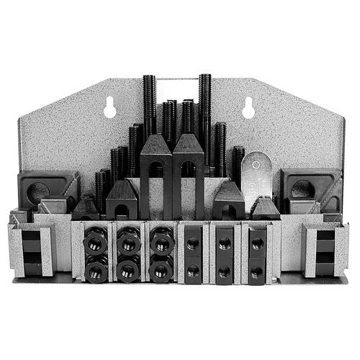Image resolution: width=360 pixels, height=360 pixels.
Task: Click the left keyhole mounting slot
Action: tap(110, 108)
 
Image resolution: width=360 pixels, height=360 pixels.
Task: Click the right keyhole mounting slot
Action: tap(249, 108)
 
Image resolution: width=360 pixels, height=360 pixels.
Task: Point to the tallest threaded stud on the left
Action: tap(149, 108)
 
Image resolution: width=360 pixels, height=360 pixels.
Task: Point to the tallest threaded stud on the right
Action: tap(205, 108)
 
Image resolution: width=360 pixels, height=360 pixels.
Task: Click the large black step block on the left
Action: tap(48, 189)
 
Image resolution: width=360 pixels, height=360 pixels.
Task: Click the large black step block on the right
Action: tap(311, 189)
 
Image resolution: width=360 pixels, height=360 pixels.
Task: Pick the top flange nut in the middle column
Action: tap(128, 243)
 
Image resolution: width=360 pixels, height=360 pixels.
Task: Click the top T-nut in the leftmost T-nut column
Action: tap(192, 243)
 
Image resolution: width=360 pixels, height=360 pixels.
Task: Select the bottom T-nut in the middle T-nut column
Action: tap(224, 271)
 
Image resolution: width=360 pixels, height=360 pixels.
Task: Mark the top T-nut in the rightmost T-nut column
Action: tap(256, 243)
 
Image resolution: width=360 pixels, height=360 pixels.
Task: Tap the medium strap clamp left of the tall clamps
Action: tap(122, 202)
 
